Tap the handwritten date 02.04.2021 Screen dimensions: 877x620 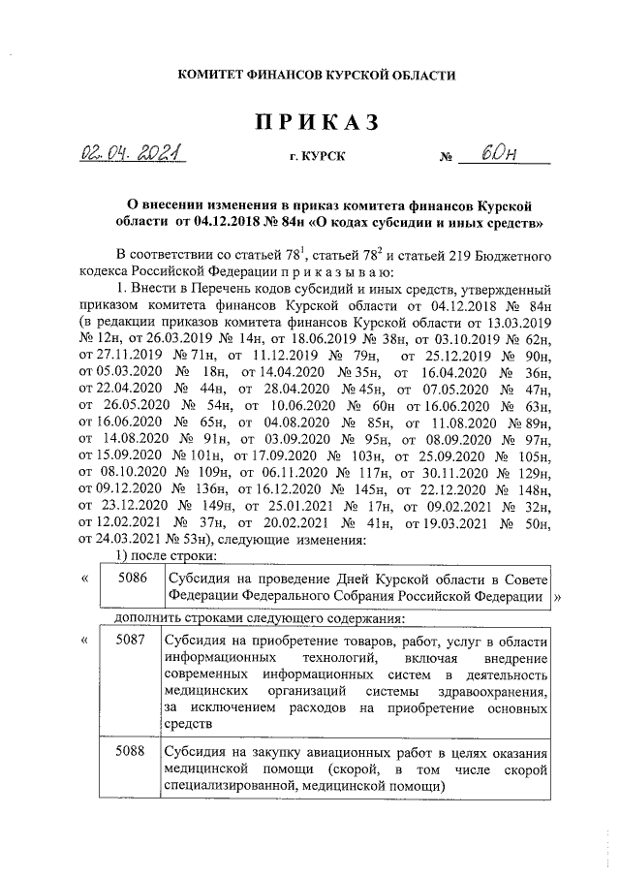(x=133, y=155)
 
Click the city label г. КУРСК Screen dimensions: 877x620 (x=316, y=157)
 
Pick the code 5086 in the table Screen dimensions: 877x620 (x=132, y=578)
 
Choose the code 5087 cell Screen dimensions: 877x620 (x=132, y=641)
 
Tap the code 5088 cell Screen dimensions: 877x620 (x=132, y=751)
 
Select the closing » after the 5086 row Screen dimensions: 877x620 (x=557, y=597)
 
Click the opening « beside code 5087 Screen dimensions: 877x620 (x=85, y=641)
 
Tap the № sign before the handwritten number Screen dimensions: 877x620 (x=446, y=158)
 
